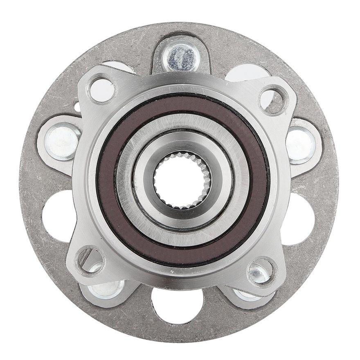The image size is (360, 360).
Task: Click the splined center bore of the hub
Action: [182, 180]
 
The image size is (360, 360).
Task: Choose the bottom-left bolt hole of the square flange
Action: [90, 260]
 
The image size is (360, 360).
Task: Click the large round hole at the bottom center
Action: [177, 305]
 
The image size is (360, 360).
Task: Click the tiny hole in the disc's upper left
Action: [76, 107]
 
